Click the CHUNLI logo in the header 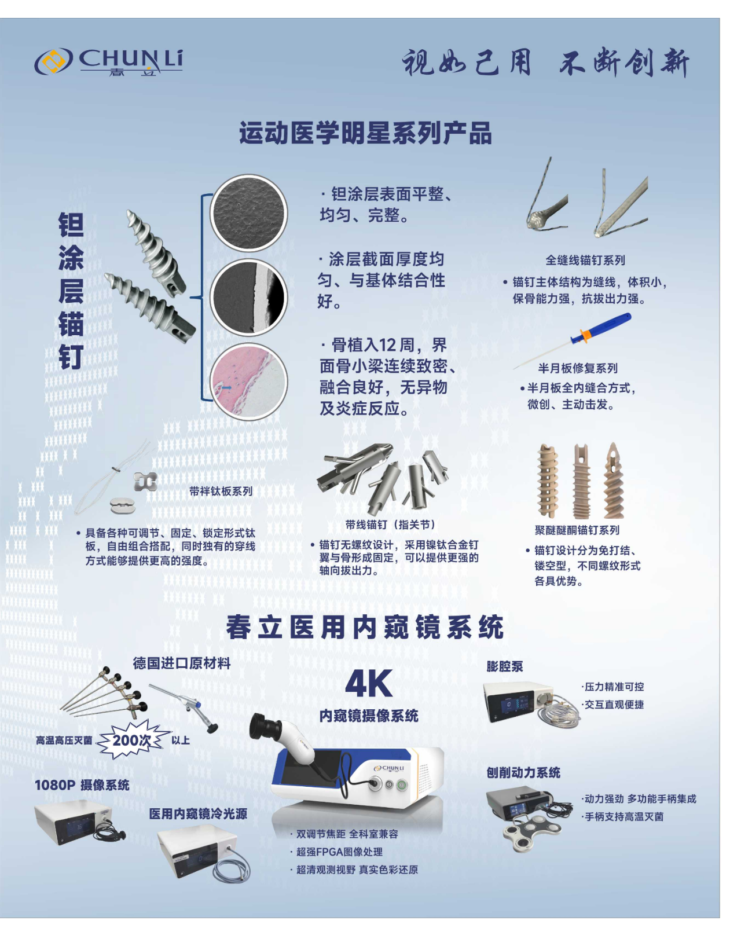coord(109,61)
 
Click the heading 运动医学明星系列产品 coord(365,133)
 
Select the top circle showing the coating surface coord(248,213)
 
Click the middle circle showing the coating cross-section coord(248,298)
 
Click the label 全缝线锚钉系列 coord(585,261)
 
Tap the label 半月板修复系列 coord(578,368)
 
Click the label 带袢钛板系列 coord(221,492)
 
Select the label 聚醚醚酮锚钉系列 coord(577,530)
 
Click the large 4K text coord(369,683)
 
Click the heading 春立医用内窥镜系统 coord(365,628)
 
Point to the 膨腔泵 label coord(505,666)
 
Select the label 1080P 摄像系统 coord(82,785)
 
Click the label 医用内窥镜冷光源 coord(198,814)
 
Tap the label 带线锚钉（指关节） coord(390,525)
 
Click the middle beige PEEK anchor coord(581,482)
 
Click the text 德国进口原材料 coord(182,663)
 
